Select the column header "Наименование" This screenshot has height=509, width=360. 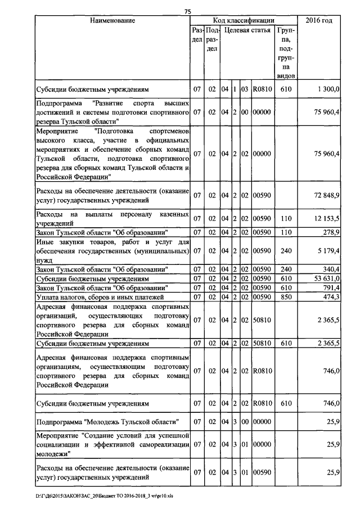pyautogui.click(x=112, y=21)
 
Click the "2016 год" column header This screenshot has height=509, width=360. pyautogui.click(x=318, y=21)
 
